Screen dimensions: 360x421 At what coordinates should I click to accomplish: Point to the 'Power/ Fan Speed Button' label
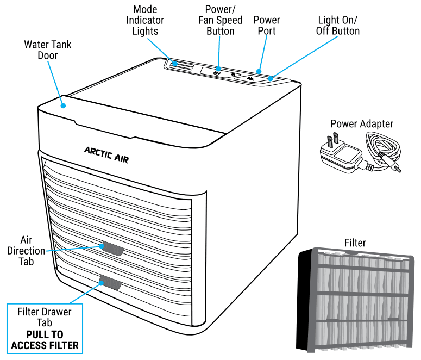pyautogui.click(x=220, y=20)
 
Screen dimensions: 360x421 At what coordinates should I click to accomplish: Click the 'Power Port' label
pyautogui.click(x=267, y=26)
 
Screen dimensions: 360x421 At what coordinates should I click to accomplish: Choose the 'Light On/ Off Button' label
pyautogui.click(x=337, y=26)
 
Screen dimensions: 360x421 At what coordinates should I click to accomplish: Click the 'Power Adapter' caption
pyautogui.click(x=361, y=124)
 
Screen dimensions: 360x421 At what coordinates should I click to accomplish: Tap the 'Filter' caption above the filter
pyautogui.click(x=355, y=243)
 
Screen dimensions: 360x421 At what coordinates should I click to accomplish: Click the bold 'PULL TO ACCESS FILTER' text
pyautogui.click(x=45, y=340)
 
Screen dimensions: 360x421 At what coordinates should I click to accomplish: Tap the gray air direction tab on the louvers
pyautogui.click(x=112, y=249)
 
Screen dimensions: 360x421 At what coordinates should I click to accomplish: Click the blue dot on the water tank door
pyautogui.click(x=63, y=105)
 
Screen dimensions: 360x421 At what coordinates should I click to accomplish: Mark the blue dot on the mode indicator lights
pyautogui.click(x=175, y=64)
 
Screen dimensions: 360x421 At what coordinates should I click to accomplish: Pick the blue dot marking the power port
pyautogui.click(x=259, y=71)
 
